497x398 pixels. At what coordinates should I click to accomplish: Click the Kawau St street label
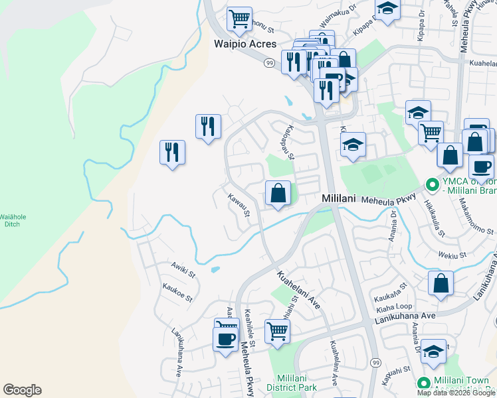tap(238, 205)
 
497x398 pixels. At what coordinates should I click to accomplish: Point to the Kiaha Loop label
tap(395, 308)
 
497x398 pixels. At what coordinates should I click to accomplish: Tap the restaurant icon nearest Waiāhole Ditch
tap(172, 152)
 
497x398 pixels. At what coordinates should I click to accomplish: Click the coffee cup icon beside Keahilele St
tap(226, 340)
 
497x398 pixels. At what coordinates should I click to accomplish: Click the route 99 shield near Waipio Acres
tap(269, 62)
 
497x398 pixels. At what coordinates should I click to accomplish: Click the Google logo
tap(22, 390)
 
